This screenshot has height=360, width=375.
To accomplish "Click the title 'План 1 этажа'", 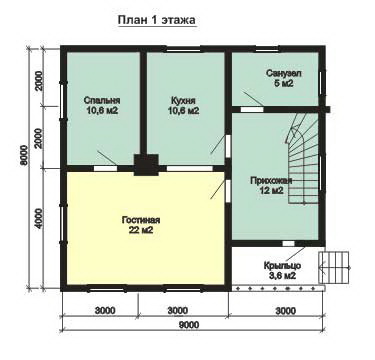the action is tap(157, 20).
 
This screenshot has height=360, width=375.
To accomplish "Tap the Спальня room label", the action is tap(102, 101).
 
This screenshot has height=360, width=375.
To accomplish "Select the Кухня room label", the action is tap(183, 101).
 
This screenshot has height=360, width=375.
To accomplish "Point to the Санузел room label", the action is tap(283, 73).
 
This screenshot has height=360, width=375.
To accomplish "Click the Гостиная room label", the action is tap(141, 220).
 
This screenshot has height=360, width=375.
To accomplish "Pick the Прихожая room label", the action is tap(271, 181).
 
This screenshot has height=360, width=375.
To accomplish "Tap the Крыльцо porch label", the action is tap(282, 266).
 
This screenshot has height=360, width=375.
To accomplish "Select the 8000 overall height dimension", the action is tap(23, 155).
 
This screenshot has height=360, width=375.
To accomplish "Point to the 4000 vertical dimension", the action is tap(39, 218).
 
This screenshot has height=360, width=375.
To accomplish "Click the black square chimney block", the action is tap(146, 165).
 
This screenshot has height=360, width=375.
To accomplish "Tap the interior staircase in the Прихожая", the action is tap(303, 158).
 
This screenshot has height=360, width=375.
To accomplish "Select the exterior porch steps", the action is tap(334, 267).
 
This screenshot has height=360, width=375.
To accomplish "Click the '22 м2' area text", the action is tap(141, 230).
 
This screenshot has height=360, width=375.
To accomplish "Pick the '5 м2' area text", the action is tap(284, 83).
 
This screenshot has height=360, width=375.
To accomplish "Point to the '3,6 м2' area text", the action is tap(282, 276).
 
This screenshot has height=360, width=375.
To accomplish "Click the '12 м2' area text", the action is tap(272, 191).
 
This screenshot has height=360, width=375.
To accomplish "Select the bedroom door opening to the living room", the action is tap(105, 168).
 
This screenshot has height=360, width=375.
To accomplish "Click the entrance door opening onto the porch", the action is tap(289, 243).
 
